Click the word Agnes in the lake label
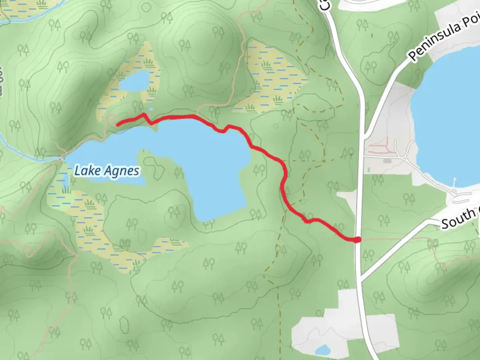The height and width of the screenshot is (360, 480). tap(121, 171)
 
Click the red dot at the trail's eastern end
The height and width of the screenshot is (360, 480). tap(357, 240)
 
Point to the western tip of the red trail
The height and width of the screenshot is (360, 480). tap(117, 125)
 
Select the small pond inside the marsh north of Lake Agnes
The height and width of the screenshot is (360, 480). tap(135, 81)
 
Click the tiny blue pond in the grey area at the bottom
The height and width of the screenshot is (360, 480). tap(322, 350)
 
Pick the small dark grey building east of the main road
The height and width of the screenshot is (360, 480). tap(387, 161)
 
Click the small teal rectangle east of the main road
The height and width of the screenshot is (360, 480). tap(369, 170)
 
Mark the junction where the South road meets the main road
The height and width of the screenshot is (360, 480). tap(361, 279)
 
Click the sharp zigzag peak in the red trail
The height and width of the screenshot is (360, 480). tap(144, 114)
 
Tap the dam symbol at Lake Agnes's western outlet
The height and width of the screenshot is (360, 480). tap(62, 159)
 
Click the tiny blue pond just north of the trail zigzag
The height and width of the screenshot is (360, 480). tap(151, 109)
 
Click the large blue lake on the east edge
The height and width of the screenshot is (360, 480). tap(447, 117)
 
